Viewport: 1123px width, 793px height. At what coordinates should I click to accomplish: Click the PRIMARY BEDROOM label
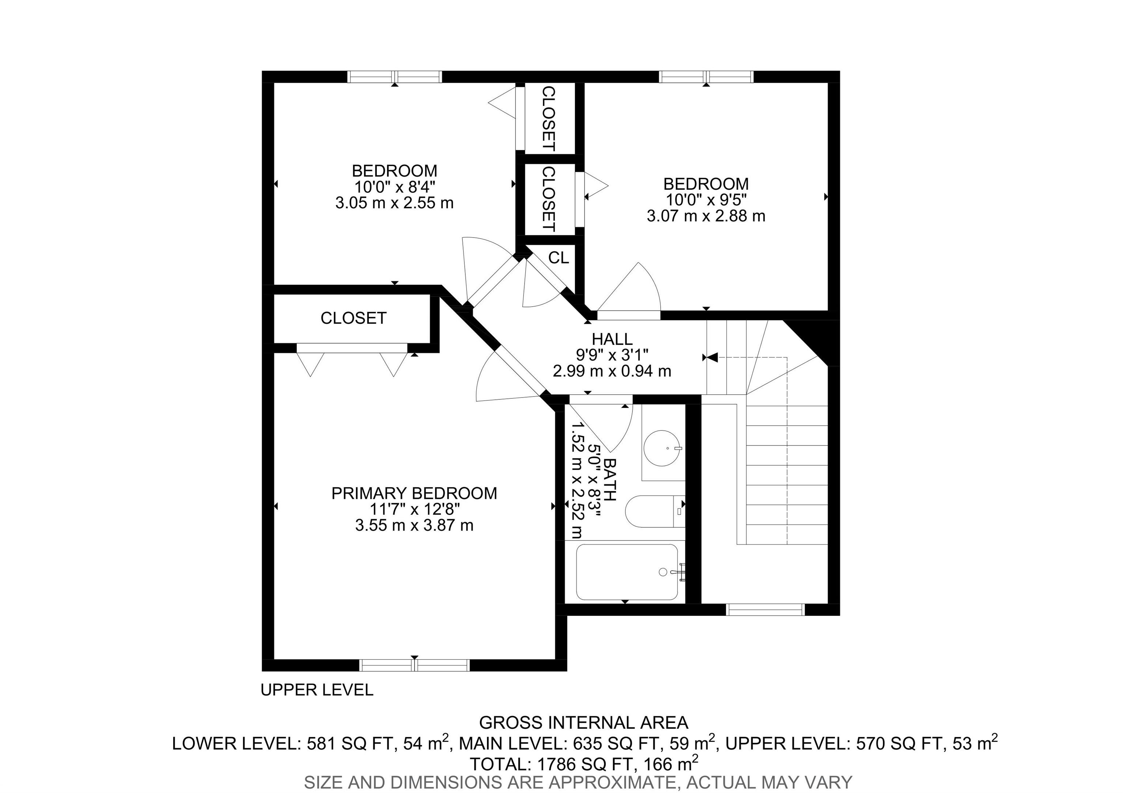pyautogui.click(x=414, y=493)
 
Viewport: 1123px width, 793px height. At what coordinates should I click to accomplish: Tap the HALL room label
pyautogui.click(x=612, y=339)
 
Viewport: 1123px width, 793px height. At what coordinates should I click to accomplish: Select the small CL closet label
pyautogui.click(x=559, y=258)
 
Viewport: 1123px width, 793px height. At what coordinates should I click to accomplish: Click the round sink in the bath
pyautogui.click(x=662, y=448)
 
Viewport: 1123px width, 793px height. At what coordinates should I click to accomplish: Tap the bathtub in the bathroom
pyautogui.click(x=627, y=572)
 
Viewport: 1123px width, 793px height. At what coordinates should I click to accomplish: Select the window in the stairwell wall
pyautogui.click(x=765, y=610)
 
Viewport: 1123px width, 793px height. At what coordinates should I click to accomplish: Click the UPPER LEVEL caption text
pyautogui.click(x=317, y=690)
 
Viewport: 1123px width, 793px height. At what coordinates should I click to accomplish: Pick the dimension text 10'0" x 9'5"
pyautogui.click(x=706, y=200)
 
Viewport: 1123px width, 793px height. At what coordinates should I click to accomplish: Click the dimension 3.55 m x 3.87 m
pyautogui.click(x=414, y=525)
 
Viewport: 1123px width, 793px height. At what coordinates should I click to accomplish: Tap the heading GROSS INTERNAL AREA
pyautogui.click(x=583, y=722)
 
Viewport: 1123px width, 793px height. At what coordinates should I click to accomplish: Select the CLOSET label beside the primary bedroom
pyautogui.click(x=353, y=318)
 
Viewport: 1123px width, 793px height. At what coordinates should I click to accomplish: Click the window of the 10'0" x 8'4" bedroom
pyautogui.click(x=395, y=77)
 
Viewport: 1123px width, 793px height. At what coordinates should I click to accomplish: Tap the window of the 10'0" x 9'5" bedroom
pyautogui.click(x=706, y=77)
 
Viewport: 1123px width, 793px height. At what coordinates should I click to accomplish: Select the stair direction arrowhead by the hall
pyautogui.click(x=712, y=357)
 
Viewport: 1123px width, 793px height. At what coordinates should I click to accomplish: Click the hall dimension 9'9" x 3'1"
pyautogui.click(x=612, y=355)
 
